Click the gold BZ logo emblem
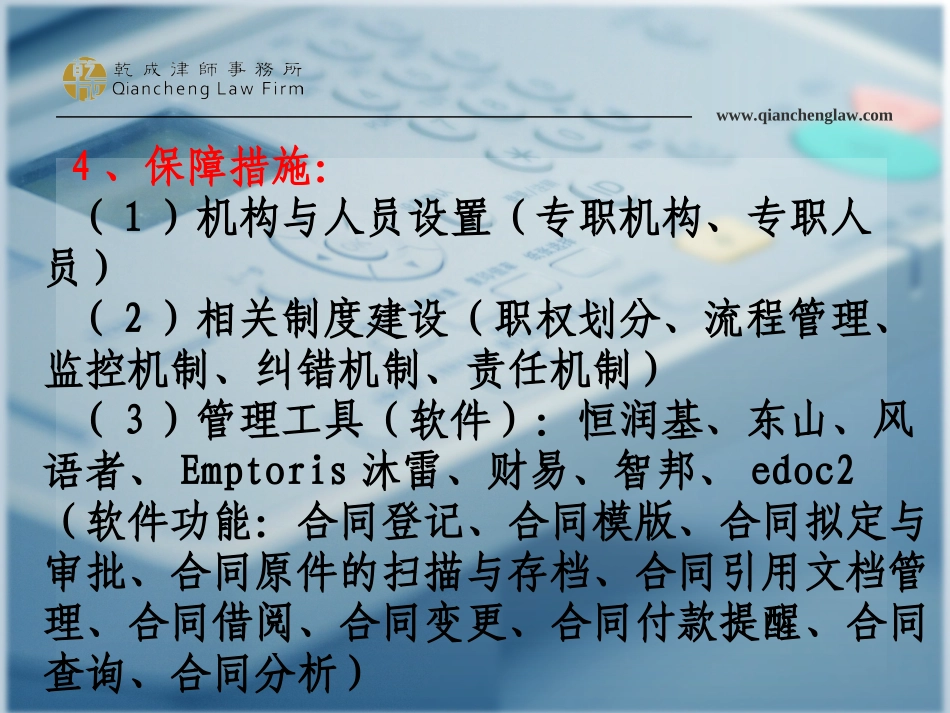pos(84,78)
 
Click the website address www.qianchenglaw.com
pos(804,115)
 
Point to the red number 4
pos(82,167)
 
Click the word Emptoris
pos(264,471)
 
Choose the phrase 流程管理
pos(789,320)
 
